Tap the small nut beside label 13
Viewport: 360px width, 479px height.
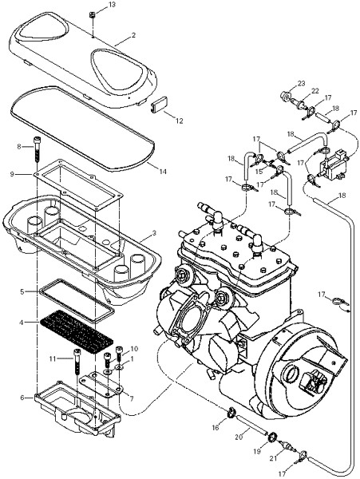(91, 14)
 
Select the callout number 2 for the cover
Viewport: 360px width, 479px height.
(133, 35)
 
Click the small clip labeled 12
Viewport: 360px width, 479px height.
(160, 105)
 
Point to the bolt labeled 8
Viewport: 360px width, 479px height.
(37, 149)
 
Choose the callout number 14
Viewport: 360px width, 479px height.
(163, 172)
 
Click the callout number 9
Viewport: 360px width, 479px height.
(12, 174)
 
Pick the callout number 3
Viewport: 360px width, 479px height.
(154, 233)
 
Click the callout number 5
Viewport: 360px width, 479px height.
(22, 291)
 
